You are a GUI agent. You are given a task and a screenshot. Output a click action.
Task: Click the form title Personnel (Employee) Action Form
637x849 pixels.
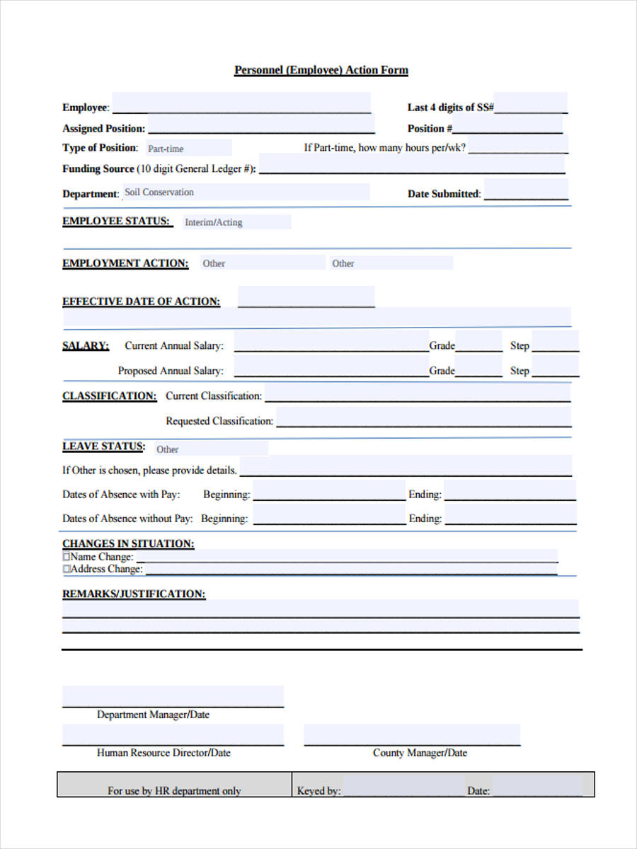(x=321, y=70)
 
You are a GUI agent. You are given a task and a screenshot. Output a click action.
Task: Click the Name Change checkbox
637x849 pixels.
(x=67, y=557)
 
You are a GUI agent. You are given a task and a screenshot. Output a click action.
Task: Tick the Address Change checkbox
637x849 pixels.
(x=67, y=569)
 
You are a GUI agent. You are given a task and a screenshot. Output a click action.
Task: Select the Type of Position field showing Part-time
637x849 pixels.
(x=188, y=149)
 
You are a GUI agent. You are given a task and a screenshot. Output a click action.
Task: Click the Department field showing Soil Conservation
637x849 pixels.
(x=245, y=192)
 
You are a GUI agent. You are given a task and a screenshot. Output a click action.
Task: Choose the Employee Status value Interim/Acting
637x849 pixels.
(x=236, y=222)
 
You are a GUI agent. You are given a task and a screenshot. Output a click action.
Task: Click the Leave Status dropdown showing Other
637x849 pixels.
(x=212, y=449)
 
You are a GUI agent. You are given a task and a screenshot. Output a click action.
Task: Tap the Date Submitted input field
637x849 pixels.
(x=526, y=191)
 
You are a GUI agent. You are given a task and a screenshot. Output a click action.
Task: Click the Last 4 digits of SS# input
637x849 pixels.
(x=530, y=104)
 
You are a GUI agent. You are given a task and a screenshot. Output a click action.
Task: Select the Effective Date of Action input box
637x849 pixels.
(x=306, y=297)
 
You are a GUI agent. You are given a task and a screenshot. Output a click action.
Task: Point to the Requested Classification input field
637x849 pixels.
(x=423, y=418)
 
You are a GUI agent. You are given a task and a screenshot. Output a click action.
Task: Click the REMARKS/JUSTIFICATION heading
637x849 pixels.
(x=134, y=594)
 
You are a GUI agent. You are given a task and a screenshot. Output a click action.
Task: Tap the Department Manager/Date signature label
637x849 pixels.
(x=153, y=715)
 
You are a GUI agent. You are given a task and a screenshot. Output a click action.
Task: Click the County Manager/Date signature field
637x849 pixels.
(x=412, y=735)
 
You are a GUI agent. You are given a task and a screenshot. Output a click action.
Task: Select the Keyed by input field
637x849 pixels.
(x=403, y=786)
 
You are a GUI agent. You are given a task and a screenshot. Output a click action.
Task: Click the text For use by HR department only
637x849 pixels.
(x=174, y=791)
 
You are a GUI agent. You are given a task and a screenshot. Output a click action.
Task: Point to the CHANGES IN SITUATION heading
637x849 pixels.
(x=128, y=543)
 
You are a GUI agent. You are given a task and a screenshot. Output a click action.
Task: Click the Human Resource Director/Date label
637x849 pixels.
(x=163, y=753)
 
